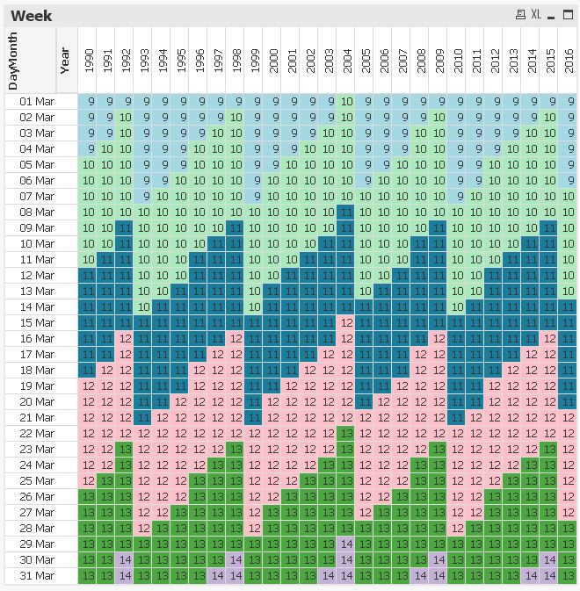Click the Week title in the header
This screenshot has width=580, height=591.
click(32, 15)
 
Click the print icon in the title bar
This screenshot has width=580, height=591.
click(520, 15)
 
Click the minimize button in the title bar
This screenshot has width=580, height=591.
click(551, 15)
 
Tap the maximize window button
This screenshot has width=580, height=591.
click(568, 15)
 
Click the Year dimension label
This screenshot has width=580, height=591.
click(65, 60)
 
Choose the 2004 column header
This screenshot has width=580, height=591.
click(347, 60)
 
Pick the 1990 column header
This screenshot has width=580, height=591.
click(89, 60)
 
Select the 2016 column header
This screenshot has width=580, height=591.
click(569, 60)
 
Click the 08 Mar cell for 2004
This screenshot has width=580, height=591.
click(347, 212)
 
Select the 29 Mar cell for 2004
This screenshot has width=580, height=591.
click(347, 544)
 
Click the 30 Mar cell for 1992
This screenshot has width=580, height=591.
click(126, 559)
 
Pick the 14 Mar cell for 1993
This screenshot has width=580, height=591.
click(144, 306)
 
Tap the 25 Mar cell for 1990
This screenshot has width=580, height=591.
click(89, 480)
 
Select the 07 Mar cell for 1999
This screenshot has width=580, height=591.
click(255, 196)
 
